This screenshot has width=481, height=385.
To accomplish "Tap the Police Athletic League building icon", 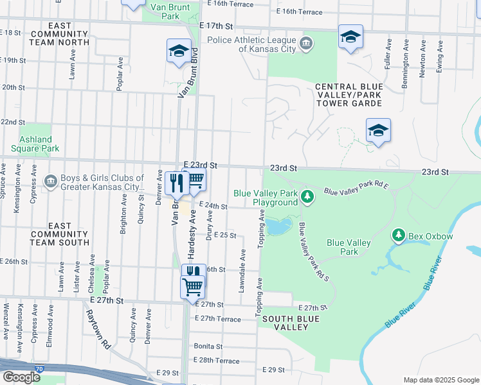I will tap(307, 44).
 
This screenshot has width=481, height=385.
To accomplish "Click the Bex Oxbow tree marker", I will tap(399, 237).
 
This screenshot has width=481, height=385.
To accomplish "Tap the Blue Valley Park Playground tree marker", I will tap(307, 196).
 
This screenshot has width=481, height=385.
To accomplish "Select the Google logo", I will tap(21, 377).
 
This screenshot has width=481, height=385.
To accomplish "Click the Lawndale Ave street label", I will tap(242, 271).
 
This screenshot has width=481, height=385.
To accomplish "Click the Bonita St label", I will tap(208, 346).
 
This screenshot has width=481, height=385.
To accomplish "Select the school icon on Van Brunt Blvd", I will tap(178, 53).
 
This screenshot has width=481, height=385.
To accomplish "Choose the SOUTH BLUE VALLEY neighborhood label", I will tap(287, 323).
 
